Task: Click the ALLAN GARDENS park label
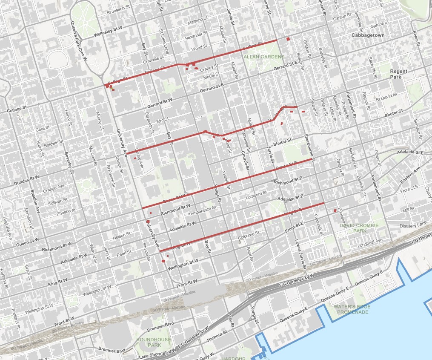[x=263, y=57]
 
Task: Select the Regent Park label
[x=398, y=74]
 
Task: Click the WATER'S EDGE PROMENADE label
[x=352, y=309]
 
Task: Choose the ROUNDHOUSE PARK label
[x=149, y=342]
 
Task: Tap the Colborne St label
[x=249, y=233]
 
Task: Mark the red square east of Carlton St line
[x=289, y=39]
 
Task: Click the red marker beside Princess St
[x=335, y=210]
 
